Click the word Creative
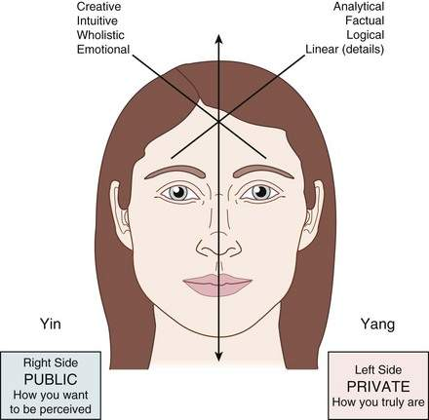pos(98,7)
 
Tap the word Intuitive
pos(97,20)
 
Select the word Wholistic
pos(100,35)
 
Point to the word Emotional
pos(103,50)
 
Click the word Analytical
pos(359,7)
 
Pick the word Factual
pos(365,20)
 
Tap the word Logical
pos(366,35)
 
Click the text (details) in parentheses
pos(364,50)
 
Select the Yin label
pos(51,324)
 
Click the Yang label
pos(378,325)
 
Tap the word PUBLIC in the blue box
pos(51,379)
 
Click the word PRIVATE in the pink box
pos(378,387)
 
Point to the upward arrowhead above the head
pos(219,38)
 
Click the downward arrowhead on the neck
pos(219,357)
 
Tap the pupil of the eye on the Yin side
pos(178,191)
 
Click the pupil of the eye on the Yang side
pos(260,191)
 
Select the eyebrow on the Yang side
pos(263,172)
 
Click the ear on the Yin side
pos(121,215)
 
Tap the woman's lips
pos(217,286)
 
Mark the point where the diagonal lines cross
pos(219,121)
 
